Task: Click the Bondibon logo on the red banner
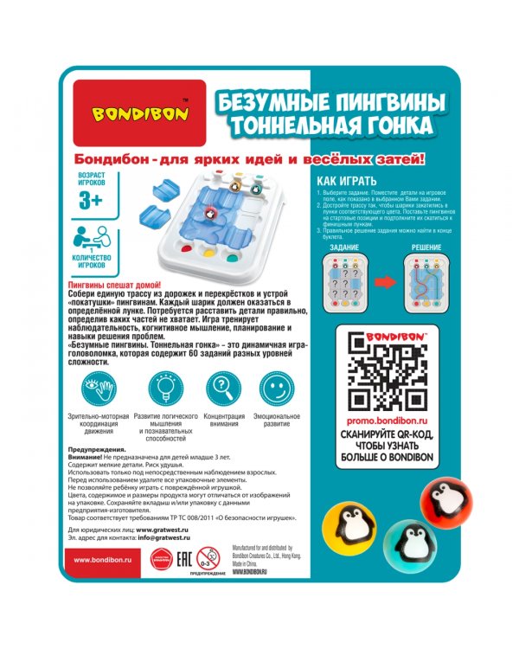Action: click(138, 112)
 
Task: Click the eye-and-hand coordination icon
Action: click(100, 387)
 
